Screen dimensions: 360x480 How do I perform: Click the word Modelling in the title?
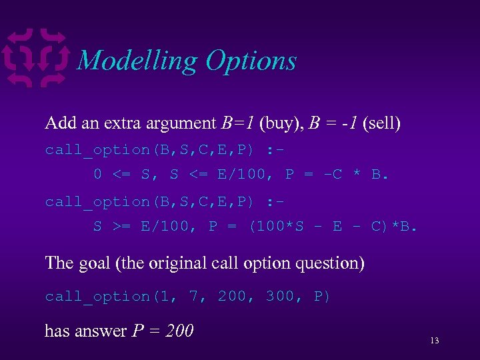[137, 61]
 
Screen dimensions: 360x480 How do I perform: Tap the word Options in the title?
[251, 61]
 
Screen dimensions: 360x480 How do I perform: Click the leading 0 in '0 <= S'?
[97, 175]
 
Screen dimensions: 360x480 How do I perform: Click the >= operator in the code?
[121, 227]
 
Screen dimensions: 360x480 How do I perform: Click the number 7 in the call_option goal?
[194, 296]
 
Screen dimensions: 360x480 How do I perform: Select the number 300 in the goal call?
[280, 296]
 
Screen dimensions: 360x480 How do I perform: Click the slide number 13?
[434, 341]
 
